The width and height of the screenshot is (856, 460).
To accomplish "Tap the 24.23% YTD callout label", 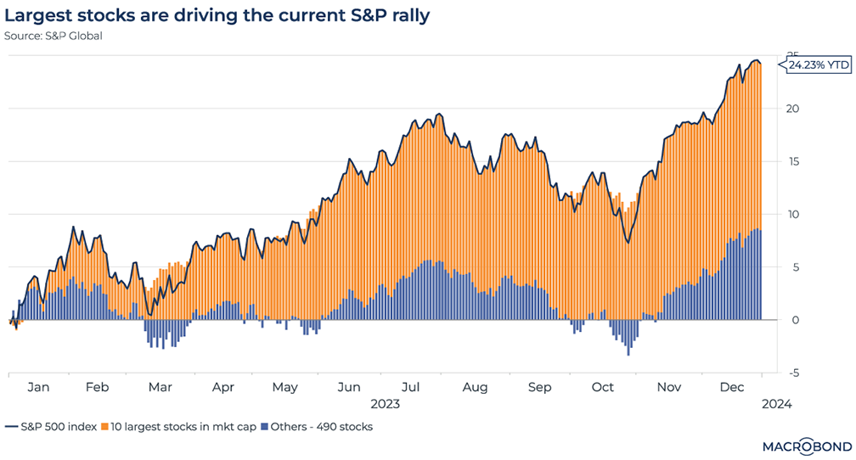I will (x=816, y=65).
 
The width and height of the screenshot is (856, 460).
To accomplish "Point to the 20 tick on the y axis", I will (x=792, y=109).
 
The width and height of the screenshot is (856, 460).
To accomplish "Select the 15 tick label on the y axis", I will (x=792, y=161).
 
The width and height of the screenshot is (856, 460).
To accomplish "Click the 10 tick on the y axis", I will (x=792, y=214).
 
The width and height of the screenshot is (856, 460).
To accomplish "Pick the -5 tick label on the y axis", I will (x=792, y=373).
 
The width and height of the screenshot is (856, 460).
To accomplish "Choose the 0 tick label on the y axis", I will (x=794, y=320).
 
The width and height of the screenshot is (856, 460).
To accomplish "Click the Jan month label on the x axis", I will (x=38, y=387).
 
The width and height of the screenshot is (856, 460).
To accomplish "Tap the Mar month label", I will (x=160, y=387).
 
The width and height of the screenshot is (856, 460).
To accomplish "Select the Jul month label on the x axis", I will (x=411, y=387).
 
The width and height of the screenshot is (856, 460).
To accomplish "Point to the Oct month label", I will (x=602, y=387).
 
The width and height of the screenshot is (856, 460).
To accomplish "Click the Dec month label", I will (x=733, y=387).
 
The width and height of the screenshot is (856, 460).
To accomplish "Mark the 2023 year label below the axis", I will (x=386, y=405).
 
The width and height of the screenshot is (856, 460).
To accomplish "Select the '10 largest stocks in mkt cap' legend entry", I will (x=177, y=427).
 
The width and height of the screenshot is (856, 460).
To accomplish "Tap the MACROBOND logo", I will (x=801, y=445).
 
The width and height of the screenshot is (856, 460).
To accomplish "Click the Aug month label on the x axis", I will (x=476, y=387).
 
